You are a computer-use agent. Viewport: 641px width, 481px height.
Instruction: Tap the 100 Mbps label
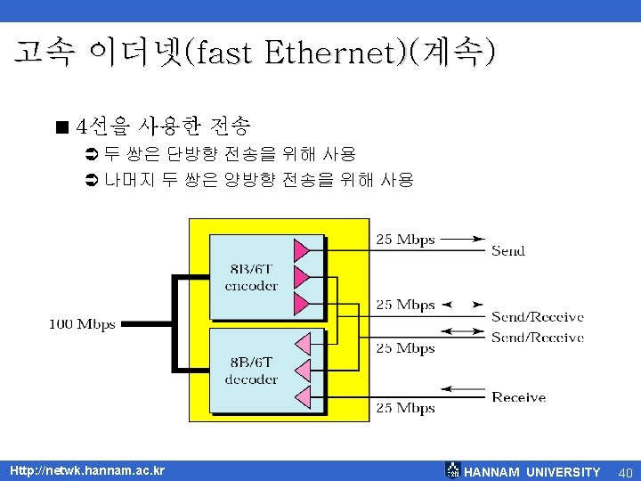click(82, 324)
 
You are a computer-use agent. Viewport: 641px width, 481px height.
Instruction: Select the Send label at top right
click(508, 250)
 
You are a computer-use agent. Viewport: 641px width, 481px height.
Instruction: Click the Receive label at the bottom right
click(518, 397)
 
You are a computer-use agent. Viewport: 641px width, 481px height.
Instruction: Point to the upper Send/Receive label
click(538, 316)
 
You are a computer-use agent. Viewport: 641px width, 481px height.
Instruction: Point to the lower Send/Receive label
click(538, 338)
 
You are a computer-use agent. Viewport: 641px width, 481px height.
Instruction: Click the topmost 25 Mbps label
click(405, 239)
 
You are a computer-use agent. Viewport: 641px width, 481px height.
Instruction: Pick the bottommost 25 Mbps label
click(405, 408)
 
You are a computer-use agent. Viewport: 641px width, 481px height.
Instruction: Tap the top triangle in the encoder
click(302, 247)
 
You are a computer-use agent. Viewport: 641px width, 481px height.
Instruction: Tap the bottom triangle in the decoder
click(303, 395)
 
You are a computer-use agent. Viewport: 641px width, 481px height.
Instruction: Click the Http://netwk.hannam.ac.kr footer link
click(86, 469)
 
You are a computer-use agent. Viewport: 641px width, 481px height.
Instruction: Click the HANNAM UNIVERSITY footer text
click(532, 471)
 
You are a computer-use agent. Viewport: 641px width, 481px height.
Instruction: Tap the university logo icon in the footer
click(453, 470)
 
